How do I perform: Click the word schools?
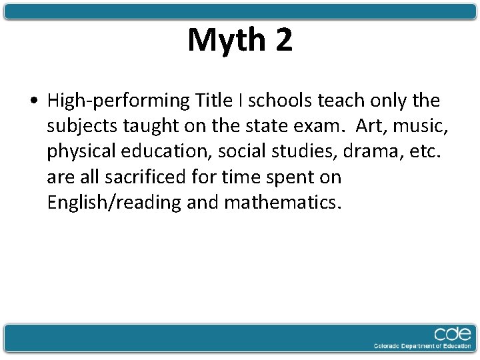click(280, 100)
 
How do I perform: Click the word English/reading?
click(114, 203)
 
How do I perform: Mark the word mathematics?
click(283, 202)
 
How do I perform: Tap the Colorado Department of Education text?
click(423, 346)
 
